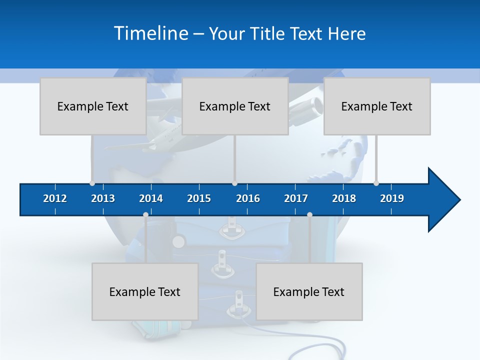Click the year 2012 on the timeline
[55, 198]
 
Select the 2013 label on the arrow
[103, 198]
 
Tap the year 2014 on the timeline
[151, 198]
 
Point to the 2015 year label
[199, 198]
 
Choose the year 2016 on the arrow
[248, 198]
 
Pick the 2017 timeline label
[296, 198]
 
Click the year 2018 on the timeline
[344, 198]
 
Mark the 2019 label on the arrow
[392, 198]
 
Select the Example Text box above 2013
[93, 106]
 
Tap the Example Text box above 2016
[235, 106]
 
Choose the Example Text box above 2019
[377, 106]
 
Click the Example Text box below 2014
[145, 291]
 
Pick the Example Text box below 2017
[309, 291]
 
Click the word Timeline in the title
[150, 33]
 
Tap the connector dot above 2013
[92, 183]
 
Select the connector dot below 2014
[145, 214]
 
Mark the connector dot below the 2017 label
[309, 214]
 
